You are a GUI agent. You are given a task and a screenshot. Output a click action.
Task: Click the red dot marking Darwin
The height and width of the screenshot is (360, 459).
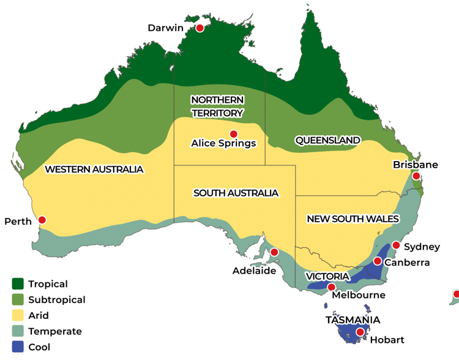(200, 28)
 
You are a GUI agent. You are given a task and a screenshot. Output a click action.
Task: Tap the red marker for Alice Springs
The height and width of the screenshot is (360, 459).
(233, 134)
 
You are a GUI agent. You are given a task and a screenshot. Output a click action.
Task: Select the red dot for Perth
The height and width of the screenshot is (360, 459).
(42, 220)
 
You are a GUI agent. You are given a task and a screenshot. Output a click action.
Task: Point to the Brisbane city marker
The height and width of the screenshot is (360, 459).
(416, 176)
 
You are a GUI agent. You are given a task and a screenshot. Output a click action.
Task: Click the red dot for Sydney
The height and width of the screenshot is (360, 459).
(396, 246)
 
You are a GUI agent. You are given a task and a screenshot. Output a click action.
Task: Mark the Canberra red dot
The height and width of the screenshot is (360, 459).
(378, 261)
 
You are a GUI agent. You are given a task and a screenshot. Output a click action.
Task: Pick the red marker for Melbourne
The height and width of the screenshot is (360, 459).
(331, 287)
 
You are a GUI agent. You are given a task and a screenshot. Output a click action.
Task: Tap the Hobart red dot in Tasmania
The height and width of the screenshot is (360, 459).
(360, 332)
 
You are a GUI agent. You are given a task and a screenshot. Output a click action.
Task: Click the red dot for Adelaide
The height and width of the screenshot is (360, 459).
(274, 252)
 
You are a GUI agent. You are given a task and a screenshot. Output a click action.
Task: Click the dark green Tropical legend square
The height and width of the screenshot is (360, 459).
(18, 284)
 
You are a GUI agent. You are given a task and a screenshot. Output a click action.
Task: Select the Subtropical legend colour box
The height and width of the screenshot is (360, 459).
(18, 300)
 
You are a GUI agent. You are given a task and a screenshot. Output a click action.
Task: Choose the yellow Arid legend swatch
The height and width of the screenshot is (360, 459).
(18, 316)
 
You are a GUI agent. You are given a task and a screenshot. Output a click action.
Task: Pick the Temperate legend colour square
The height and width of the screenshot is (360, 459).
(18, 331)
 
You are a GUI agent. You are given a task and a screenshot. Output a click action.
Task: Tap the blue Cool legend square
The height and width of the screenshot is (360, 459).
(18, 347)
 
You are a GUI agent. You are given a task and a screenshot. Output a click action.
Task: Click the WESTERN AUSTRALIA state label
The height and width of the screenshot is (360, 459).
(94, 169)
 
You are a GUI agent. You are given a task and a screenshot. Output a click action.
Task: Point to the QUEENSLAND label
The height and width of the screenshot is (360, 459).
(327, 140)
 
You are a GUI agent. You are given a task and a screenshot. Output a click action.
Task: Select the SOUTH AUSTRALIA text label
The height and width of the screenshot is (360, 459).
(236, 193)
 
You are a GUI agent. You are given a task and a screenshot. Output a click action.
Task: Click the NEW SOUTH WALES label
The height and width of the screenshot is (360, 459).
(353, 219)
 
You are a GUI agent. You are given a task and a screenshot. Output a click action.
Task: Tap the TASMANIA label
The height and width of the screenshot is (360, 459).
(353, 320)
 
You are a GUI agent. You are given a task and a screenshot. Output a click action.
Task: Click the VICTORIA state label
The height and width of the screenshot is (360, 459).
(327, 277)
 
